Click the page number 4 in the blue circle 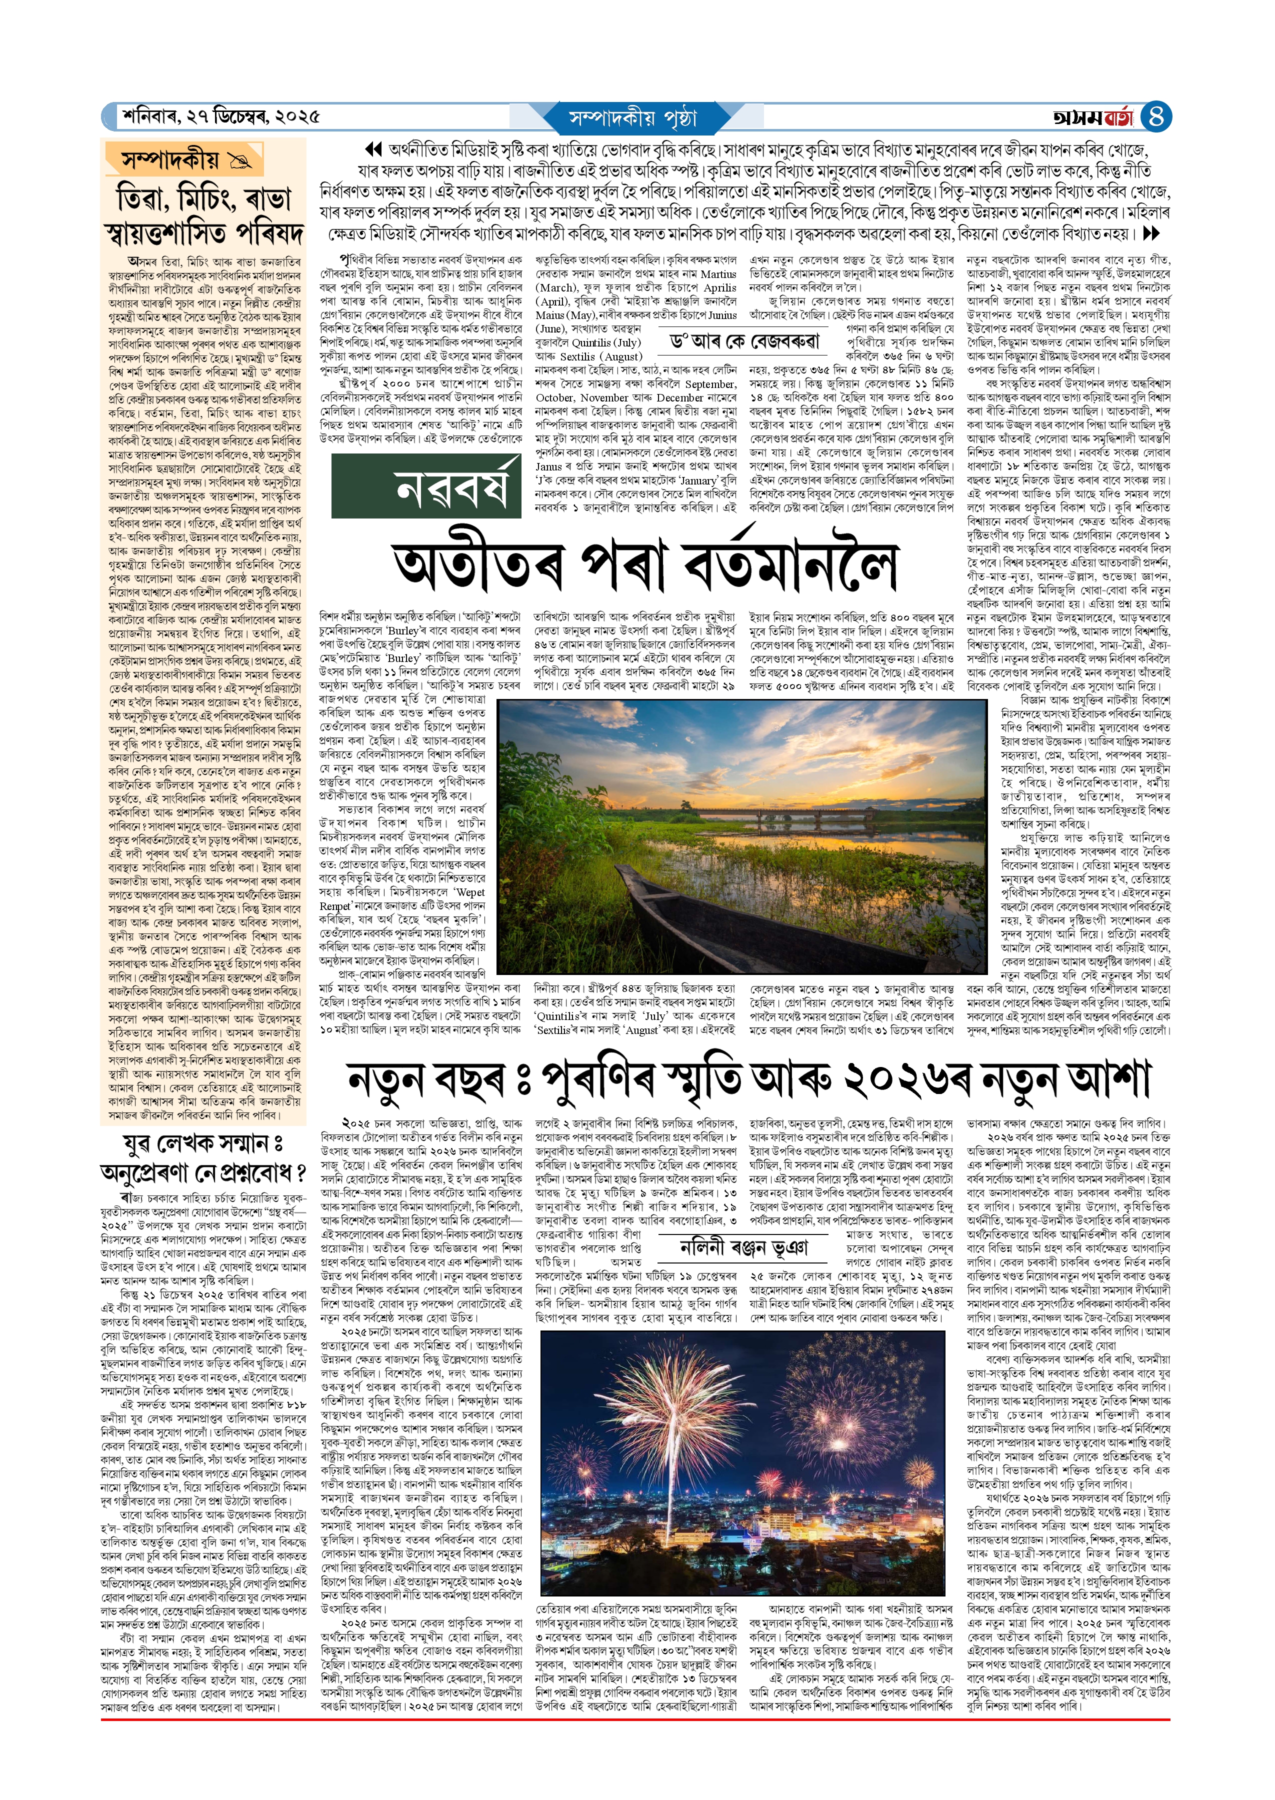[x=1156, y=117]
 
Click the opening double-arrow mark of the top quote [x=373, y=149]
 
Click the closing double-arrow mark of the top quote [x=1151, y=233]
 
